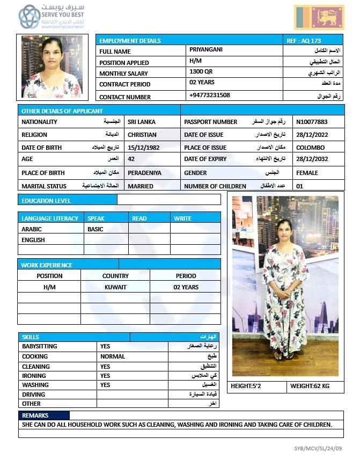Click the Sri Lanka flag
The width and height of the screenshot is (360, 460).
tap(319, 17)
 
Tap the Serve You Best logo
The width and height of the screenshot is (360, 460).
tap(52, 17)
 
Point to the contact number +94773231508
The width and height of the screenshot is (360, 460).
tap(209, 95)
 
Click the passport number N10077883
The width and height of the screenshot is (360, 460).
tap(312, 122)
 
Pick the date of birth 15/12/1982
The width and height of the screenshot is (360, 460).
tap(144, 147)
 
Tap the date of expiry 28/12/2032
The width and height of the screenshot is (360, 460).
tap(311, 159)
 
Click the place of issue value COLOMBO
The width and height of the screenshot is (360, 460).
tap(310, 147)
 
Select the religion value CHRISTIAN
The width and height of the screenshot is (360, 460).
tap(142, 135)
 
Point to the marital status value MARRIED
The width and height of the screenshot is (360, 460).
tap(141, 186)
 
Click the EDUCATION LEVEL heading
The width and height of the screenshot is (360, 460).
tap(46, 201)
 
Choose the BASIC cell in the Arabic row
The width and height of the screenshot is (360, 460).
tap(95, 229)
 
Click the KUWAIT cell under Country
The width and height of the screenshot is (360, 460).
tap(115, 287)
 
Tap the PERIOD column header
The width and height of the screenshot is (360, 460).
tap(186, 276)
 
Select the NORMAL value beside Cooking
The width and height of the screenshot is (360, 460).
tap(113, 356)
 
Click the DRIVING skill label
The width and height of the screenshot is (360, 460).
tap(33, 394)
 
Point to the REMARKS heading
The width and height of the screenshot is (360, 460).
tap(35, 415)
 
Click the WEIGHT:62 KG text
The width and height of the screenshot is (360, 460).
tap(310, 386)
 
